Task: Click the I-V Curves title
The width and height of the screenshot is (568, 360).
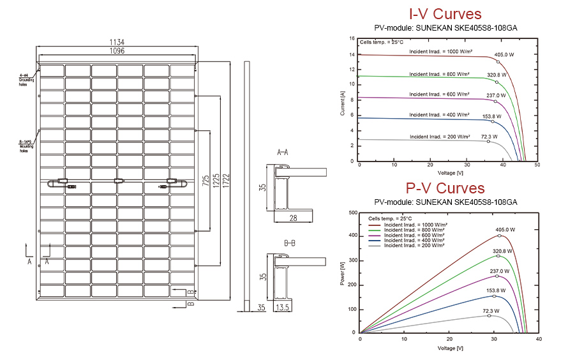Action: pyautogui.click(x=444, y=14)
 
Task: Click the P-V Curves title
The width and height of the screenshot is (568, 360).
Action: pyautogui.click(x=445, y=188)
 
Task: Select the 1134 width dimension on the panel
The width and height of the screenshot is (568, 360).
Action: pyautogui.click(x=117, y=42)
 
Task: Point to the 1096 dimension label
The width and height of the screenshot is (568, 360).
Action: pyautogui.click(x=117, y=50)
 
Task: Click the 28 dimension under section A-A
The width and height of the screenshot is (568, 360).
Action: pyautogui.click(x=294, y=219)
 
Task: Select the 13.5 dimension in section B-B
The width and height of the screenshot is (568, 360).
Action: pyautogui.click(x=283, y=308)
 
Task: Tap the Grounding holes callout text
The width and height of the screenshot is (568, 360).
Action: pyautogui.click(x=27, y=80)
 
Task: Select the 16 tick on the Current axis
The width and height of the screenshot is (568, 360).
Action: pyautogui.click(x=352, y=38)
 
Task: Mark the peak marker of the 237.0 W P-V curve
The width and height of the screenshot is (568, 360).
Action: pyautogui.click(x=497, y=276)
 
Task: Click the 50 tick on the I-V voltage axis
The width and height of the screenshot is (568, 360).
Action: pyautogui.click(x=537, y=165)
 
